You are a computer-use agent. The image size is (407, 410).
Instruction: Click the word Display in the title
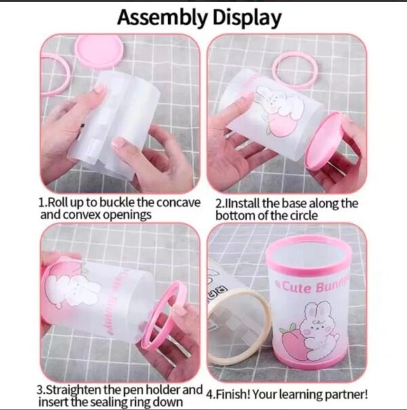(247, 18)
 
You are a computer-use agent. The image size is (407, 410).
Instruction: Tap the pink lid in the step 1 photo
(99, 52)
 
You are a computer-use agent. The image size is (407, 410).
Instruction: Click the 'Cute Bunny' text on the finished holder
(312, 287)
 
